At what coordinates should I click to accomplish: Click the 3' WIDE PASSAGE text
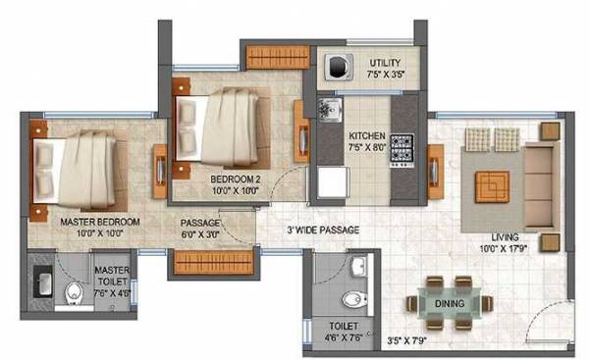(x=322, y=230)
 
